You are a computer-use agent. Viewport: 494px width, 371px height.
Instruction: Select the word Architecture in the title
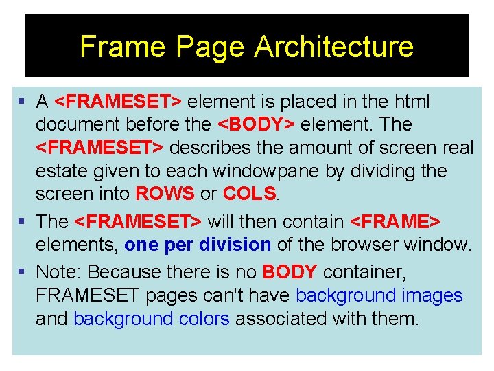pos(333,47)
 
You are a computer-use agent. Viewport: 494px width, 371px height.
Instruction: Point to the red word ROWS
pos(165,194)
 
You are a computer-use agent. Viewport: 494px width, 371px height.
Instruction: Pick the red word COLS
pos(248,194)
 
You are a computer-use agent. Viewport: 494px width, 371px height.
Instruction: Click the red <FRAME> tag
pos(395,222)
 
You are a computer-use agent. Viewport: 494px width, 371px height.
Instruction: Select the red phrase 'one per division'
pos(198,245)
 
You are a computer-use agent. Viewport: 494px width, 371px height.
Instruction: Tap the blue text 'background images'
pos(379,295)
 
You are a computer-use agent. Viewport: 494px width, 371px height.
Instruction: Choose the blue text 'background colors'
pos(151,319)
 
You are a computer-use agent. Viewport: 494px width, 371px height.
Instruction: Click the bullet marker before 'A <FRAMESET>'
pos(23,102)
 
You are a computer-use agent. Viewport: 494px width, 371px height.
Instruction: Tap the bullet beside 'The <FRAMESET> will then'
pos(23,222)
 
